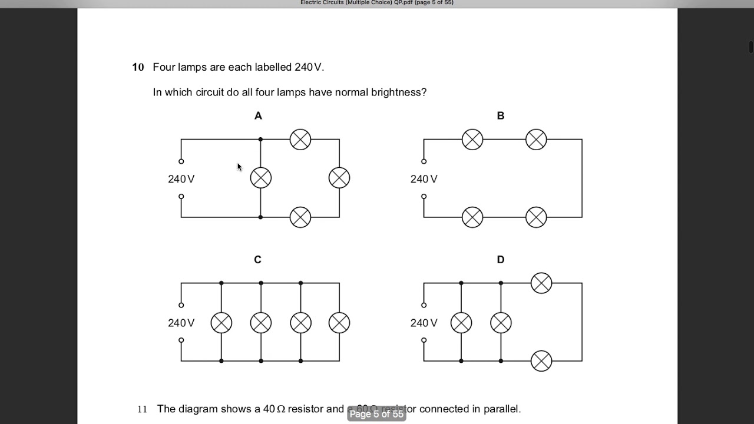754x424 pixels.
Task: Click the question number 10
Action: pos(138,67)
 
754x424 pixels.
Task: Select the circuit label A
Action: pos(258,116)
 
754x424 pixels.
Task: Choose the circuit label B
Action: pos(501,116)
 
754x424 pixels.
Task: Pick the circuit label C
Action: pos(257,260)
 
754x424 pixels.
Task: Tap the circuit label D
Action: pos(501,260)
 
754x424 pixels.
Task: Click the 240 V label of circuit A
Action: pos(181,179)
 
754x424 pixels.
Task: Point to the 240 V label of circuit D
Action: pos(424,323)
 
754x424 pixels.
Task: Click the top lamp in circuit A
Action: pos(300,140)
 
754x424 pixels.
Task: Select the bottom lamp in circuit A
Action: pos(300,217)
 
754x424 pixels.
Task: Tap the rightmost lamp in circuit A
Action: pos(339,178)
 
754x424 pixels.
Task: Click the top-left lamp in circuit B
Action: pos(472,140)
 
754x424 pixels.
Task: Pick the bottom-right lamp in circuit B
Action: pos(536,217)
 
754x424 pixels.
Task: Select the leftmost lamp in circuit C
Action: pos(221,323)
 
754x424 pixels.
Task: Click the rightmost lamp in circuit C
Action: pos(339,323)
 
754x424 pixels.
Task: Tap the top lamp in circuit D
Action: pos(541,283)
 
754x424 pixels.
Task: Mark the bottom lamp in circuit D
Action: pos(541,361)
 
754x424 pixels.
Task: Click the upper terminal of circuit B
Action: pos(424,161)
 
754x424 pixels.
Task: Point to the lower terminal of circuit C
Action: pos(181,340)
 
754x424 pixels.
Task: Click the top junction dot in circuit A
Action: pos(261,140)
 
